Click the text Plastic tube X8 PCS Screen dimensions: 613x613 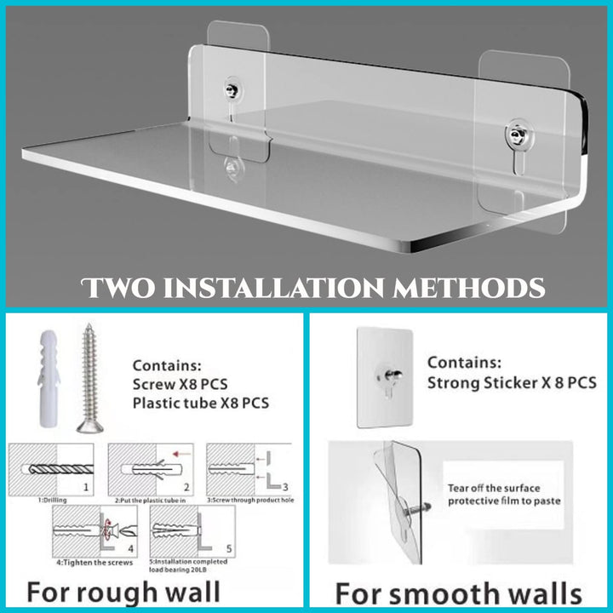point(200,403)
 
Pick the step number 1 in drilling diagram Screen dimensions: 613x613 point(86,488)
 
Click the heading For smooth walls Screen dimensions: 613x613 point(458,593)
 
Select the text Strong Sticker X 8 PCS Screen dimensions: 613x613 point(511,383)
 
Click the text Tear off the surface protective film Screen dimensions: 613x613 point(504,495)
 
